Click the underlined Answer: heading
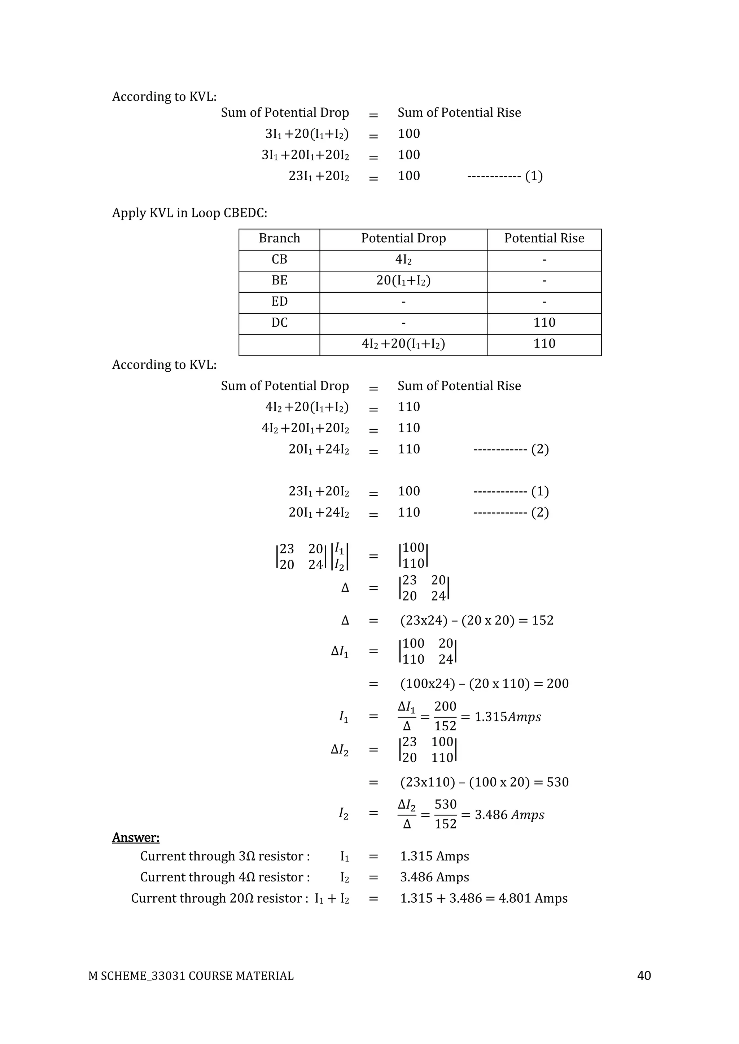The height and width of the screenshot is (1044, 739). (136, 837)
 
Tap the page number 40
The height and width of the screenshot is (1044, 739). (644, 976)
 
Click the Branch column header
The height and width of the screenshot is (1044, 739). (279, 238)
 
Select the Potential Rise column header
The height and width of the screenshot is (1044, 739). (544, 238)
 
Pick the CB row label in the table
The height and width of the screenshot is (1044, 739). (279, 259)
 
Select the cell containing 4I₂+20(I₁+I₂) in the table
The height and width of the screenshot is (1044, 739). (403, 344)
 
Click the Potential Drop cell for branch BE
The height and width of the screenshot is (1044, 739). (403, 280)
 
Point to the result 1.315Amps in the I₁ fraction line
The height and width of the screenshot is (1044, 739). (508, 717)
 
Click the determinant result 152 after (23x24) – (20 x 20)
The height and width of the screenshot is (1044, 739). (542, 621)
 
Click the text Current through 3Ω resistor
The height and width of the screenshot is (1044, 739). (225, 856)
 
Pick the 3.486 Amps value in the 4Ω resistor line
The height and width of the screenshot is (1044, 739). (434, 877)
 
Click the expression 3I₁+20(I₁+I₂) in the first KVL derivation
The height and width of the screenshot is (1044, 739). (307, 134)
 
